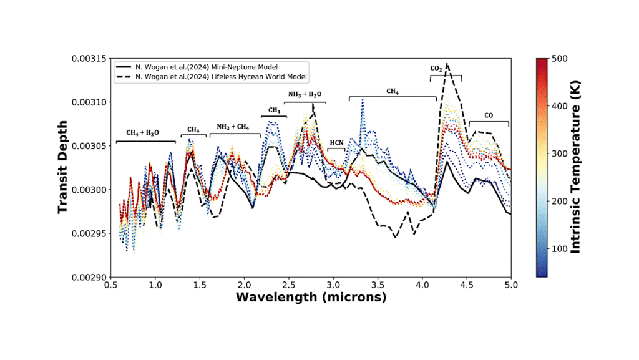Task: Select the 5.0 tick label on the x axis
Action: [x=510, y=285]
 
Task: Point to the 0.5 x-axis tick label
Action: [x=111, y=285]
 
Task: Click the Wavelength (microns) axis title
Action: [x=311, y=298]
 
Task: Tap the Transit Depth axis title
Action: [x=62, y=167]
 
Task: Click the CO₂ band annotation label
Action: [x=437, y=68]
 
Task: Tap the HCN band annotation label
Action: [x=336, y=143]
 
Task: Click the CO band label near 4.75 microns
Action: [x=488, y=115]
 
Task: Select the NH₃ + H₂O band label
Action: [x=305, y=94]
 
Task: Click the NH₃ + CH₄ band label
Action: [x=233, y=127]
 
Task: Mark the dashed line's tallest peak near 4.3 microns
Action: [x=447, y=64]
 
